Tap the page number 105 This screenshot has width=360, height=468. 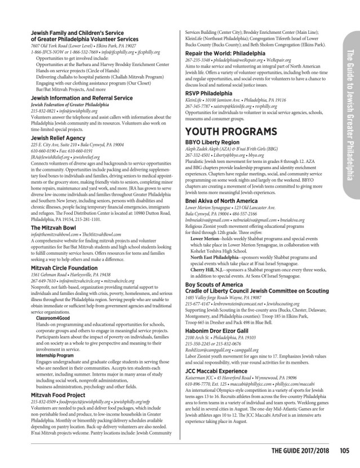(345, 450)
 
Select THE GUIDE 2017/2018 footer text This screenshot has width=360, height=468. (300, 450)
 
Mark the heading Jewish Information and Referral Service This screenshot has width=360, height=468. (74, 82)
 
